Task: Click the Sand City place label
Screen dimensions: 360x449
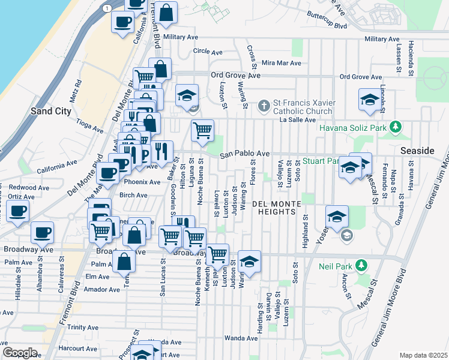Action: click(51, 111)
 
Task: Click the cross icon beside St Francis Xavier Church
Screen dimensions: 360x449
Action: click(263, 107)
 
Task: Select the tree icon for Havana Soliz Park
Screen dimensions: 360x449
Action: click(395, 127)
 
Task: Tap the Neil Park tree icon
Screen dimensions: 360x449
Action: click(361, 265)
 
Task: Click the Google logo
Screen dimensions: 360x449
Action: click(20, 353)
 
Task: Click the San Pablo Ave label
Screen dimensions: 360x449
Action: click(244, 154)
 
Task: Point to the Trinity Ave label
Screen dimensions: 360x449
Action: click(82, 327)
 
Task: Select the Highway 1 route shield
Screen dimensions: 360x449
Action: click(106, 8)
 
